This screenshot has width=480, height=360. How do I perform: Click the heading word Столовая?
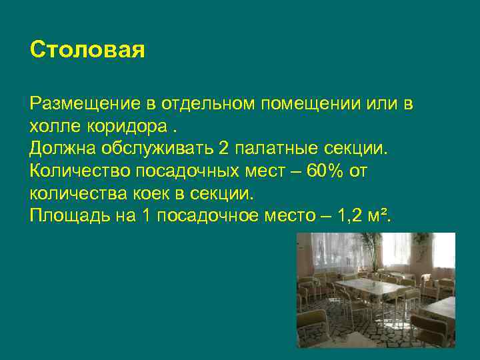87,51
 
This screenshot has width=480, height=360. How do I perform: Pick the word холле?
52,127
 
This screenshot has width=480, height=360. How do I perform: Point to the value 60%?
322,171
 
